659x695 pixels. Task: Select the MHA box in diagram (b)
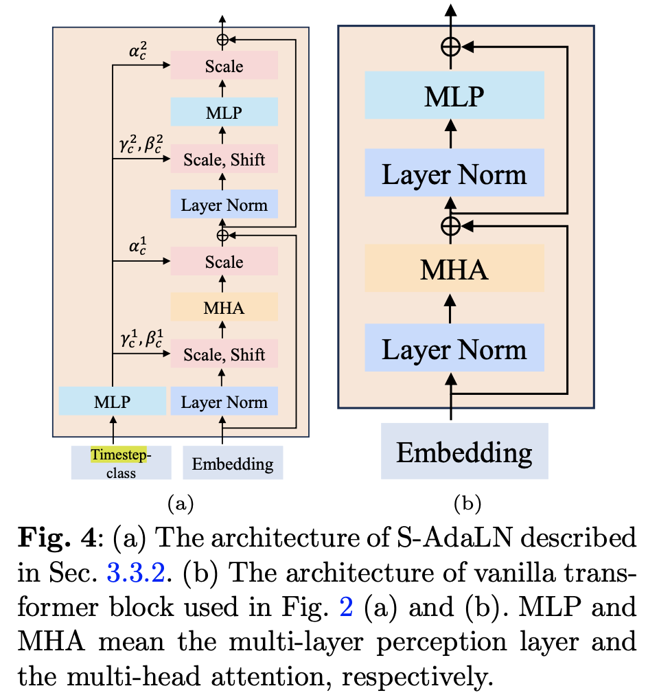(454, 269)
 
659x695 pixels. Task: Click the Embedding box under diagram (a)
(233, 464)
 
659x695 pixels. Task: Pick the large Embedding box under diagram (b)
(464, 452)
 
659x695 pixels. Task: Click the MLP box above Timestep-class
(113, 401)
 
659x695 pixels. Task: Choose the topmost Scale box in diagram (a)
(224, 66)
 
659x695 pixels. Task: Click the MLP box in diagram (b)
(454, 96)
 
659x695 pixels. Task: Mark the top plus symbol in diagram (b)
(450, 47)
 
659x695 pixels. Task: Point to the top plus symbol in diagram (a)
(222, 40)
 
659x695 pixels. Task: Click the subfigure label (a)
(181, 505)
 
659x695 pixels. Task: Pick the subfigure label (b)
(467, 505)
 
